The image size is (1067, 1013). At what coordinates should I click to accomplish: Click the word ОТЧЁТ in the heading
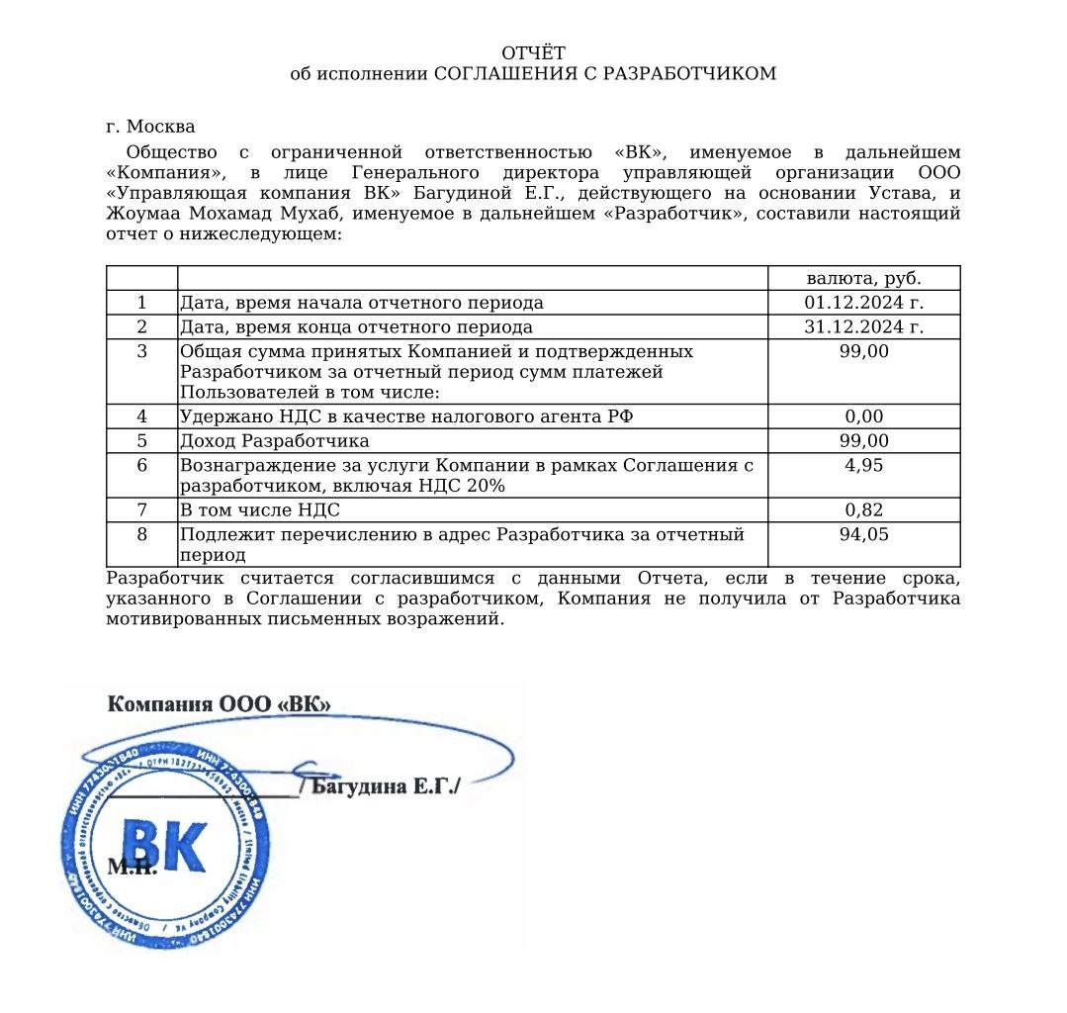tap(533, 52)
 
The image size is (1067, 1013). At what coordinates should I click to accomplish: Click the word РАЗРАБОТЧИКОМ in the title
tap(689, 74)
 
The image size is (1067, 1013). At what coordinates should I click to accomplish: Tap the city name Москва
tap(161, 127)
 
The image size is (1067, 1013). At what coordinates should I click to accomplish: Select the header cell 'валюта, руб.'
tap(863, 278)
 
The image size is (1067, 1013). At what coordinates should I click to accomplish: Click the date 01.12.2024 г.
tap(863, 303)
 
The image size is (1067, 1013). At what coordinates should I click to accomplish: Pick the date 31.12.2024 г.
tap(863, 327)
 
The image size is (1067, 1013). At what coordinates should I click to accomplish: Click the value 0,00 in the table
tap(863, 416)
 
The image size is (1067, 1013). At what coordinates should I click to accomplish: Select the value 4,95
tap(863, 465)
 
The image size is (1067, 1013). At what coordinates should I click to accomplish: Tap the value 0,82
tap(863, 510)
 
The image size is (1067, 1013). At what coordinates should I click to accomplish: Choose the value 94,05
tap(863, 535)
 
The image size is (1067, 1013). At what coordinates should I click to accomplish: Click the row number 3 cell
tap(141, 351)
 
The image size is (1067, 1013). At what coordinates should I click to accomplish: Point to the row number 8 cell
tap(141, 535)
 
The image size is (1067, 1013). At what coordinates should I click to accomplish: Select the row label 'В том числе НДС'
tap(259, 510)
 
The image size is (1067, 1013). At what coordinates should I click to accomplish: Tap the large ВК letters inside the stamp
tap(164, 847)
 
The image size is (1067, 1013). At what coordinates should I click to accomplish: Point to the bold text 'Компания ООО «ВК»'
tap(219, 703)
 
